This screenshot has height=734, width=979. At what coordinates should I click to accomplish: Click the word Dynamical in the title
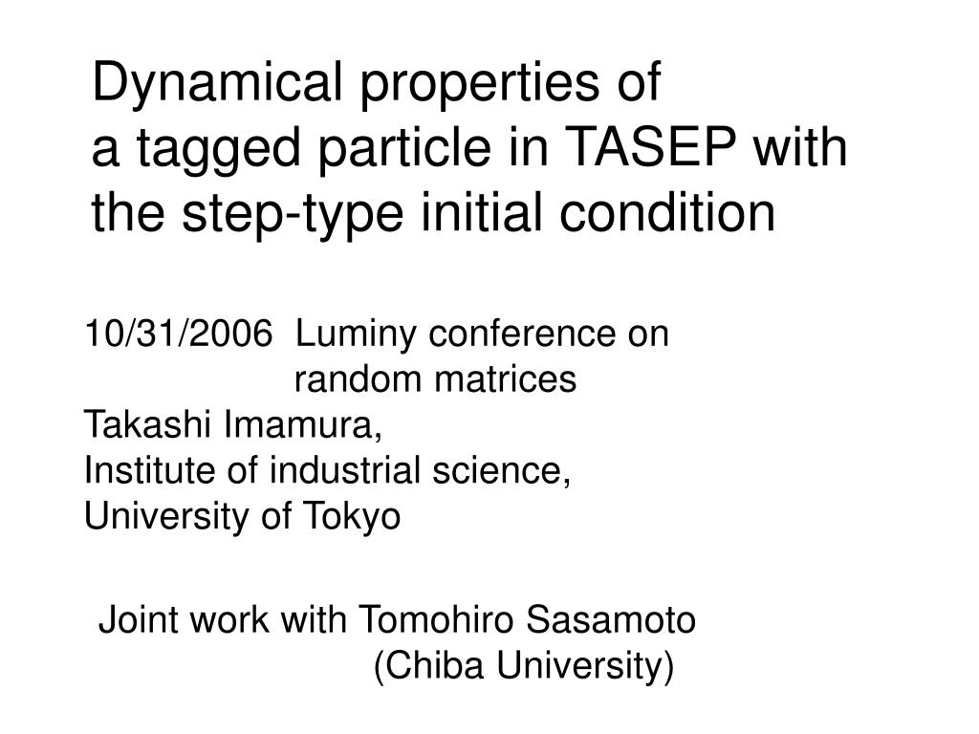pyautogui.click(x=217, y=83)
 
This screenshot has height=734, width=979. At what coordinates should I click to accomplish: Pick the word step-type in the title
pyautogui.click(x=293, y=215)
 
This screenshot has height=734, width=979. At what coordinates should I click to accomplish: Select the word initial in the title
pyautogui.click(x=483, y=211)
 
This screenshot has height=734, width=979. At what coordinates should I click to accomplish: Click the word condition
pyautogui.click(x=667, y=211)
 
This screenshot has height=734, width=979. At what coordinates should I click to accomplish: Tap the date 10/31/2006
pyautogui.click(x=179, y=333)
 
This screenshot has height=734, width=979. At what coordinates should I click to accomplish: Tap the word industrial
pyautogui.click(x=344, y=469)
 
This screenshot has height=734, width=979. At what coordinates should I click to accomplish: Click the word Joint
pyautogui.click(x=140, y=619)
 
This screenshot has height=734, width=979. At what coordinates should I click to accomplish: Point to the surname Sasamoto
pyautogui.click(x=611, y=619)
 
